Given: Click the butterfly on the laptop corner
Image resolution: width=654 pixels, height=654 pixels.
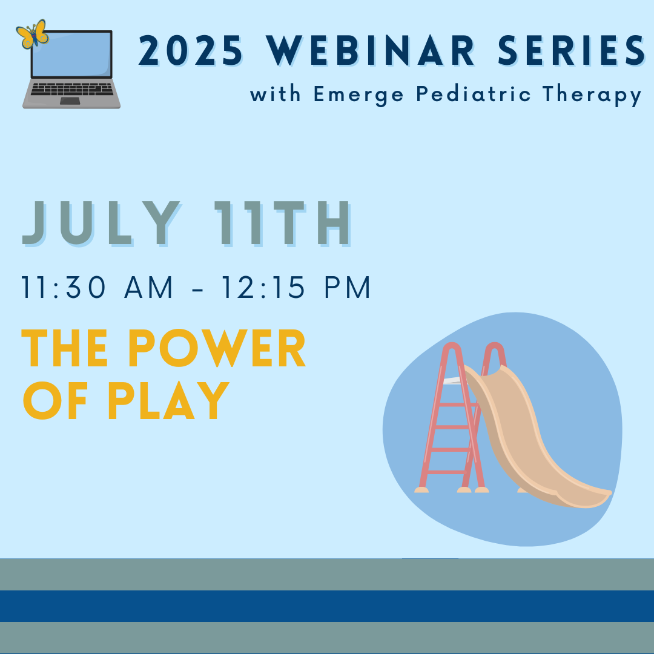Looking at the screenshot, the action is (x=33, y=34).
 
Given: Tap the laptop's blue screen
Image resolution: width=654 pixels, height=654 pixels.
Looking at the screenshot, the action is (x=71, y=54).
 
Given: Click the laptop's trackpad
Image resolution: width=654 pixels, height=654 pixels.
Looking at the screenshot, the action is (x=70, y=101).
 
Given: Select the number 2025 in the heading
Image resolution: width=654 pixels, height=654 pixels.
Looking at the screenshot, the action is (x=190, y=51).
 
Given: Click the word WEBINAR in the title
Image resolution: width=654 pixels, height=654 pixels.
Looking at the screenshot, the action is (x=370, y=51).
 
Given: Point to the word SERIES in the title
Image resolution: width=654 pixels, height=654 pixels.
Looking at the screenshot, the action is (x=572, y=51).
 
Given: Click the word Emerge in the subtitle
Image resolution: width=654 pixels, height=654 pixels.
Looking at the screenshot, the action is (x=358, y=95).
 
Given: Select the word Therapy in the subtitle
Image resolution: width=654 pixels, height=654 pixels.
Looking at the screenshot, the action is (x=592, y=95).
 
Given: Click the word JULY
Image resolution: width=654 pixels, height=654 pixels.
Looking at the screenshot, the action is (x=101, y=223).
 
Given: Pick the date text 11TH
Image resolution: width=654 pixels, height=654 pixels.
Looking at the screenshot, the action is (x=282, y=223).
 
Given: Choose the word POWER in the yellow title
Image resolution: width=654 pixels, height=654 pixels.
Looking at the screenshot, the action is (x=217, y=348).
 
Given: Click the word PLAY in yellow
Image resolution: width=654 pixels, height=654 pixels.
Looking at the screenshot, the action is (x=168, y=400).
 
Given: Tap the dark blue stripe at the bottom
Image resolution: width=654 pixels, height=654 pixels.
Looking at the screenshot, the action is (x=327, y=606).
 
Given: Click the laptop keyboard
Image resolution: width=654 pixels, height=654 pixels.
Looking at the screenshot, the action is (x=71, y=89).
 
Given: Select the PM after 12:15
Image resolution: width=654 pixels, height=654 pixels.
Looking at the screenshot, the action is (x=347, y=288).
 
